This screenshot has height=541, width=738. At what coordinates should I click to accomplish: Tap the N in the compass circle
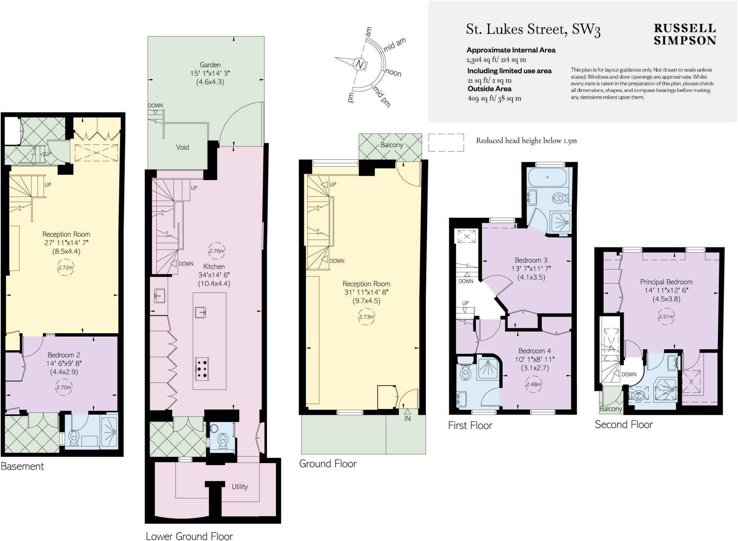coord(359,64)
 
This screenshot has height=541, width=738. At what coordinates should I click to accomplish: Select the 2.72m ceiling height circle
coord(66,268)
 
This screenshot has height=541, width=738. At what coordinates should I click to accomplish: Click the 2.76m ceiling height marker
coord(217,251)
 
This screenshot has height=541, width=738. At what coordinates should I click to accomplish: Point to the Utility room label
coord(240,487)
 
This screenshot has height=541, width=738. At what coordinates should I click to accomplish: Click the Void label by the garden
coord(182,147)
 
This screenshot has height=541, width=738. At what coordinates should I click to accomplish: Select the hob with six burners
coord(202,368)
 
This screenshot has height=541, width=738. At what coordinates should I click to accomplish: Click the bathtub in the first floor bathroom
coord(547,177)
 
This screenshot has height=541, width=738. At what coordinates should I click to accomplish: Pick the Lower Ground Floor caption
coord(189,536)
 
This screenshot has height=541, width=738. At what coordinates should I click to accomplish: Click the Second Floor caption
coord(623,425)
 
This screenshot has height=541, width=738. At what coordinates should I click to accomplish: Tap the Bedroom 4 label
coord(534,351)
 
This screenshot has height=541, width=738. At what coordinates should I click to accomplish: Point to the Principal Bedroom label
coord(666,282)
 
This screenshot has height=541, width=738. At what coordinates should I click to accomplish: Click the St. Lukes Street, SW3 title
coord(533,30)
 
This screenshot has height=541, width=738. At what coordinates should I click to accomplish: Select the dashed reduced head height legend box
coord(446,142)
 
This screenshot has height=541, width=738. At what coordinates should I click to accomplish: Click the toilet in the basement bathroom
coord(74,437)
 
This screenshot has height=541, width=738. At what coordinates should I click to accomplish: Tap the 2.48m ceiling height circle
coord(533,384)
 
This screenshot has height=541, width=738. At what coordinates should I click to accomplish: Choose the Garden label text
coord(210,65)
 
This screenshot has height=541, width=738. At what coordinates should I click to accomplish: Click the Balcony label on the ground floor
coord(392,145)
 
